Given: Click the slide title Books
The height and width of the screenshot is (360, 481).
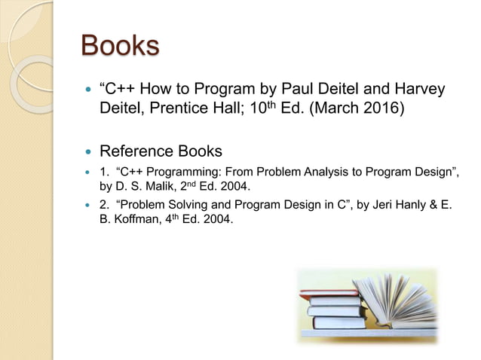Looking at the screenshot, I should click(x=120, y=46).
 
